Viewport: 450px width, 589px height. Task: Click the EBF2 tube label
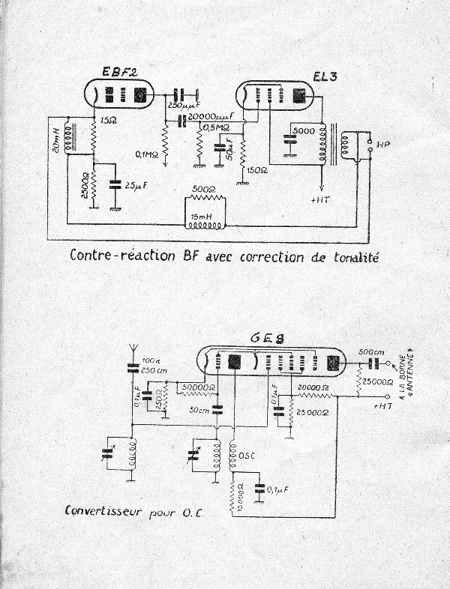pos(120,72)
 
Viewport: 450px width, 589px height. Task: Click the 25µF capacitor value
pos(136,184)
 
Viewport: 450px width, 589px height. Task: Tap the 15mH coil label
pos(202,217)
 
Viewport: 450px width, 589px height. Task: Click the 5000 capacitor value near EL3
pos(304,130)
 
